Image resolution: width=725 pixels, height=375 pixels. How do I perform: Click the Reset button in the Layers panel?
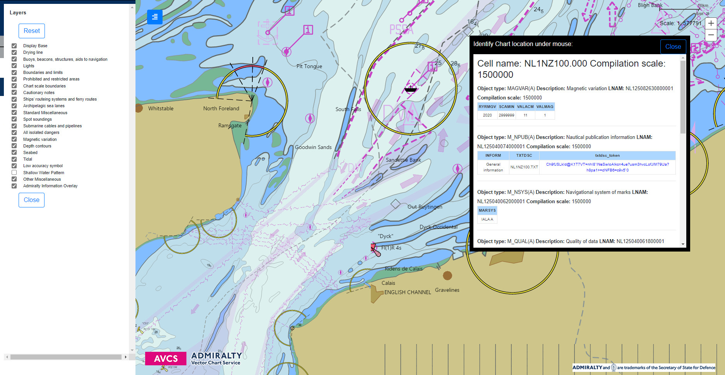coord(32,31)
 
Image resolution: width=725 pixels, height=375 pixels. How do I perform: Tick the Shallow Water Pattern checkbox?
coord(14,173)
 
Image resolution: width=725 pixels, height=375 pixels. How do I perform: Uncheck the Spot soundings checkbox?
coord(14,119)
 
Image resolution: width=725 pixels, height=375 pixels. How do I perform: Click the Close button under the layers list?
coord(31,200)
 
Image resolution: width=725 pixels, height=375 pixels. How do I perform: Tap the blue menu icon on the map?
coord(154,17)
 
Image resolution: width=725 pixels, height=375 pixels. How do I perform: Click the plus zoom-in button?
coord(711,23)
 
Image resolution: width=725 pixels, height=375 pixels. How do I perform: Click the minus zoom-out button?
coord(711,35)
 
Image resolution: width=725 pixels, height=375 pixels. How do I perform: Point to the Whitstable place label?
coord(161,109)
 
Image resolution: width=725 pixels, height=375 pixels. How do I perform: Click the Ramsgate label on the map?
coord(230,126)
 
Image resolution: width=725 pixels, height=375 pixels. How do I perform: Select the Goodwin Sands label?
coord(313,147)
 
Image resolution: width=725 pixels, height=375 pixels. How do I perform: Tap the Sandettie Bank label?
coord(403,160)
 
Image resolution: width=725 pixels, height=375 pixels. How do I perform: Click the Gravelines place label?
coord(447,290)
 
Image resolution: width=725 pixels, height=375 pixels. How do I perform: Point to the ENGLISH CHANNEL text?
coord(407,293)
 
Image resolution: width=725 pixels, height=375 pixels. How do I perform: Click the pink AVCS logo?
coord(166,359)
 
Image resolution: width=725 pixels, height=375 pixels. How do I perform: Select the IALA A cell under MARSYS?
coord(487,219)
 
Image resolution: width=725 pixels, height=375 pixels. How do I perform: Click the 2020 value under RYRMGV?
coord(487,115)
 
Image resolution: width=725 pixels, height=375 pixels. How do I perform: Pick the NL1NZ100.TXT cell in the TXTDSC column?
coord(524,167)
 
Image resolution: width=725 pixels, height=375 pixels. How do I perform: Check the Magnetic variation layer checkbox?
coord(14,139)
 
